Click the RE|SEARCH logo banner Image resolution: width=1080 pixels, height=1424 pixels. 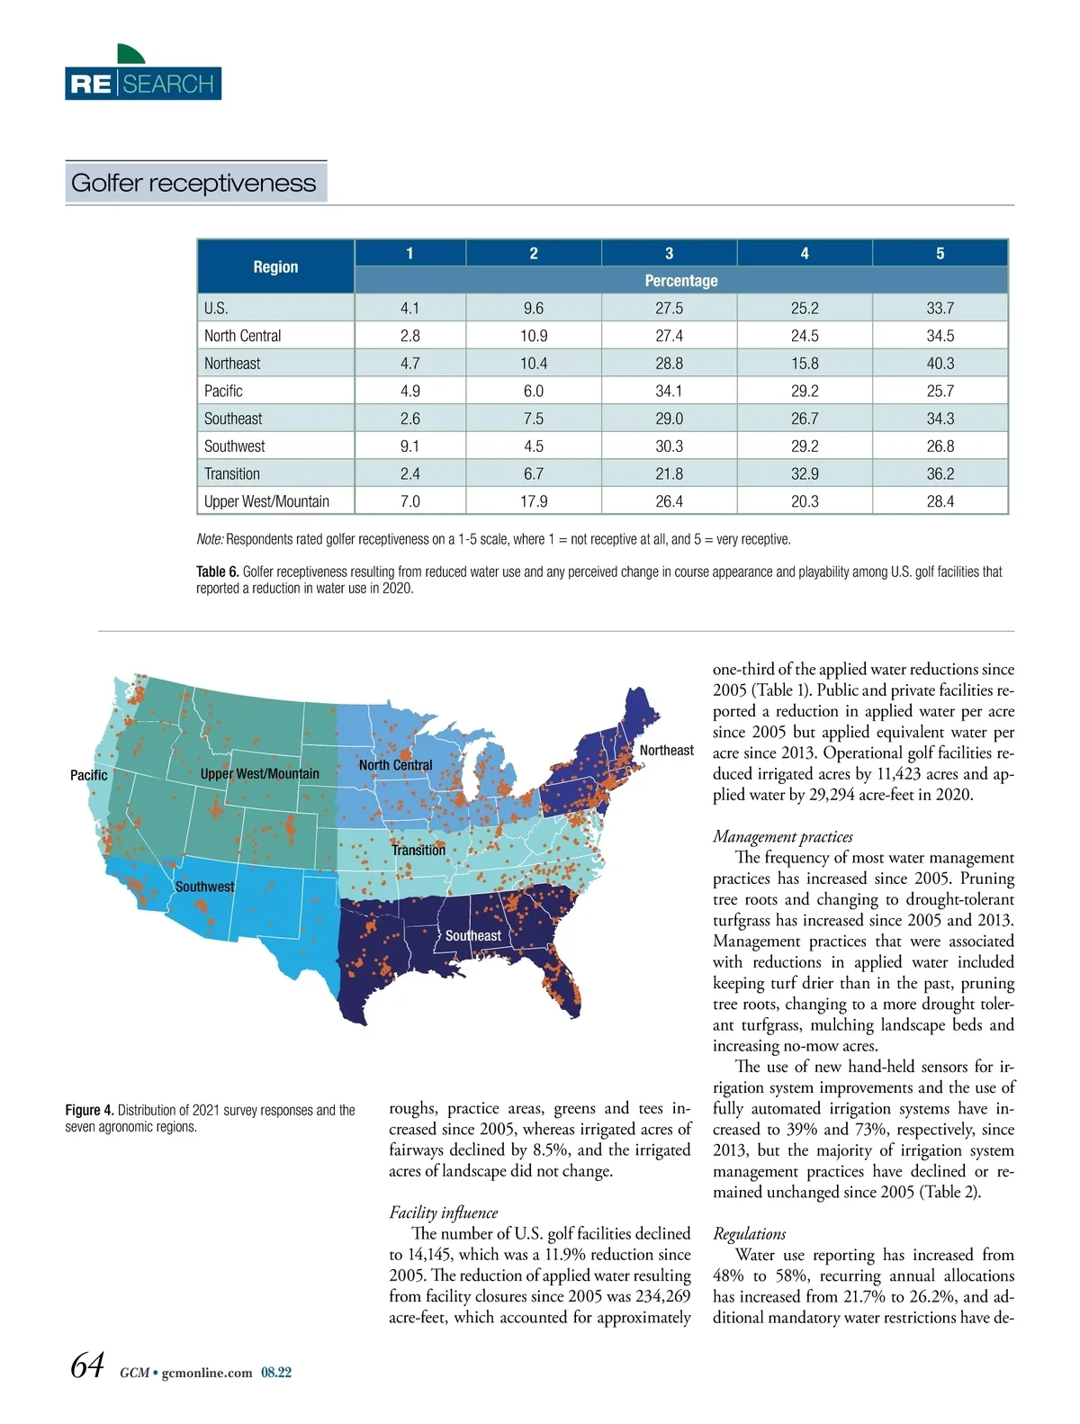point(143,84)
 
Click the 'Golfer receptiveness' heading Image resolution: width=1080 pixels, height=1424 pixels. point(193,183)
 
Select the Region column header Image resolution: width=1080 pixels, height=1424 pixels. point(275,266)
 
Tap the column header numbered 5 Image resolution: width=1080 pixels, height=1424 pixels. point(940,253)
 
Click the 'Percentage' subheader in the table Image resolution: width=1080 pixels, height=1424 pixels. point(680,280)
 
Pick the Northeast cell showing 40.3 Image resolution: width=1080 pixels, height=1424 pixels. point(940,363)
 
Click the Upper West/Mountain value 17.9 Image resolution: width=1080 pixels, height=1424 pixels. point(533,501)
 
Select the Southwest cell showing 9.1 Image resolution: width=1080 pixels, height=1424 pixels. point(409,446)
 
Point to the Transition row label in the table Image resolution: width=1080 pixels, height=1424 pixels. point(232,473)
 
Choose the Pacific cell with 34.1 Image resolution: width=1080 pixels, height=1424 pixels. point(669,391)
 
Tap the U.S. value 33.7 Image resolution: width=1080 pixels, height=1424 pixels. point(940,308)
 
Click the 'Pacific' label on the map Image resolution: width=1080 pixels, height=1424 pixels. point(88,775)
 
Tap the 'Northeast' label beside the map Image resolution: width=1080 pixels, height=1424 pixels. point(666,750)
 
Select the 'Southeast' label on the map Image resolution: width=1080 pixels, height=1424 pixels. point(473,935)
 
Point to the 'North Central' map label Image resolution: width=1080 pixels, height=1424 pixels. point(395,765)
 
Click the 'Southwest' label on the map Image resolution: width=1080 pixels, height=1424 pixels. point(204,887)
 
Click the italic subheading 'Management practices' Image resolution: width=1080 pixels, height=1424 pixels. point(782,836)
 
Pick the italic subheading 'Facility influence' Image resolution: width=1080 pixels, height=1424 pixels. point(443,1212)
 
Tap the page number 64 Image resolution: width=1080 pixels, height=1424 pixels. point(87,1366)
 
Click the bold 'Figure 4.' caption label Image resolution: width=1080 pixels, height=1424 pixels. point(89,1111)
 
